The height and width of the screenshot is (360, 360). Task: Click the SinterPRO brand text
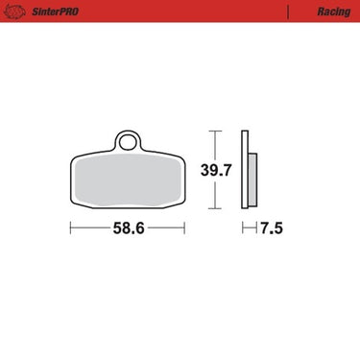(55, 12)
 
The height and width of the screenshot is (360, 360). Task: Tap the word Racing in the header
(334, 12)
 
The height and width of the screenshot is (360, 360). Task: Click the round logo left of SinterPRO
(14, 12)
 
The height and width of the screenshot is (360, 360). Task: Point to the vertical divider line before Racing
(288, 12)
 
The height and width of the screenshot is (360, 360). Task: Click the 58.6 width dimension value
(129, 228)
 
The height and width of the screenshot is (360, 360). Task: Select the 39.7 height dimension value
(216, 170)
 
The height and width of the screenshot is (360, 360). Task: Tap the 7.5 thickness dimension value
(272, 228)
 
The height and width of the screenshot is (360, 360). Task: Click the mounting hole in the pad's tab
(128, 142)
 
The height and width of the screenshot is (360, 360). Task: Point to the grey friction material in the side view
(252, 180)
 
